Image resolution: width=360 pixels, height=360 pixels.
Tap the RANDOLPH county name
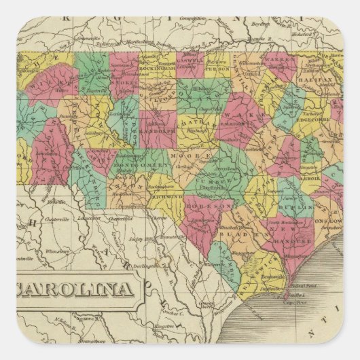(x=157, y=124)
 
